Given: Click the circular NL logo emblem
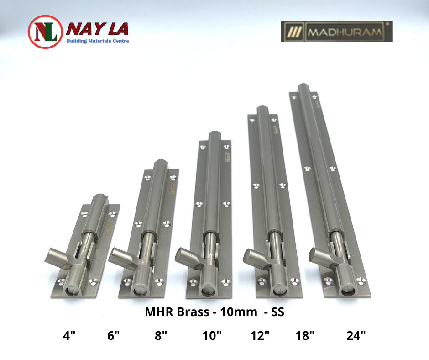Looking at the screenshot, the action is coord(46,32).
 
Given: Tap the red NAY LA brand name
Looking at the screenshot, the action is coord(97,29).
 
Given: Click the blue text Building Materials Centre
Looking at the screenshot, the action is coord(98,41).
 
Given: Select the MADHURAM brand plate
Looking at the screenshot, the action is coord(336,31).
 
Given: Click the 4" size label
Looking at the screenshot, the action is coord(69,335).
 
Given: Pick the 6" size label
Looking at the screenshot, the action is coord(113,335).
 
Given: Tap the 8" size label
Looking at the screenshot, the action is coord(161,335).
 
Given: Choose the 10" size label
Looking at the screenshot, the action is coord(212,335).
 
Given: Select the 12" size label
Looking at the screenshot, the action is coord(260,335).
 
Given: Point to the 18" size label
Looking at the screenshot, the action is coord(305,335).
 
